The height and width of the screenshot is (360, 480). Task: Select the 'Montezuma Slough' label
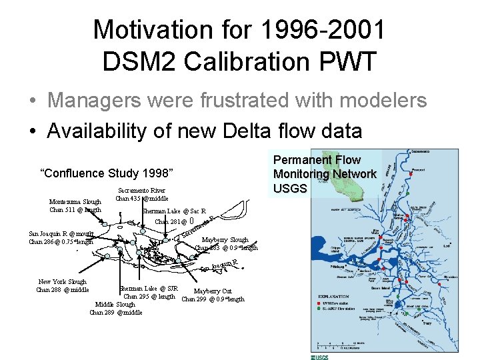[x=75, y=202]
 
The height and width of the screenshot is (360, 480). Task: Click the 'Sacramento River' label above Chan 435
[x=142, y=191]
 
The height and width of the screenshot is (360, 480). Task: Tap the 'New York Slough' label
[x=63, y=282]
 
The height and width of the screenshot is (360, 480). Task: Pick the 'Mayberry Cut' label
[x=213, y=291]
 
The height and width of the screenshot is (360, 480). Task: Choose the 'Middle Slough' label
[x=115, y=305]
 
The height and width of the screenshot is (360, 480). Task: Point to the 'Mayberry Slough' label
[x=225, y=240]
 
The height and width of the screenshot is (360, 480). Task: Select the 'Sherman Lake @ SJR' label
[x=147, y=289]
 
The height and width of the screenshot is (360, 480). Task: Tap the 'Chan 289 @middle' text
[x=115, y=312]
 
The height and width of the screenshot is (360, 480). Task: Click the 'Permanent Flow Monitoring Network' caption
[x=325, y=167]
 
